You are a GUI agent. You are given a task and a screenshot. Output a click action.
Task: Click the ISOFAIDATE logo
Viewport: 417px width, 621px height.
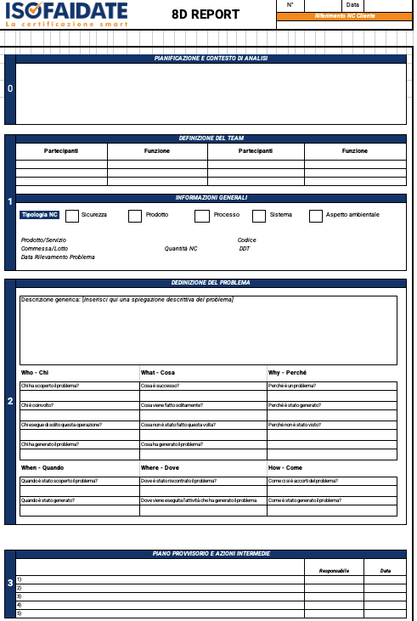65,14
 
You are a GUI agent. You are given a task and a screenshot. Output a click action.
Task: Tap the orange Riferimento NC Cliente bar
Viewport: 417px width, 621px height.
344,16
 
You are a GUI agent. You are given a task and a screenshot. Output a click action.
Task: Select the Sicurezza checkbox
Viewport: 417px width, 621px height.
72,216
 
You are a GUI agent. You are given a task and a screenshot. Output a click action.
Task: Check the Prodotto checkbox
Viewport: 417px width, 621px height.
135,216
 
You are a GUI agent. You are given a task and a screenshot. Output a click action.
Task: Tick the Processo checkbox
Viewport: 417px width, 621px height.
201,216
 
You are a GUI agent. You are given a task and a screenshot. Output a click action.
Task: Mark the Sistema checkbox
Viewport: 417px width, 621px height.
259,216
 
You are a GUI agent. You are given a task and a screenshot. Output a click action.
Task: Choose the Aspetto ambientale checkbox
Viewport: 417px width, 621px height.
316,216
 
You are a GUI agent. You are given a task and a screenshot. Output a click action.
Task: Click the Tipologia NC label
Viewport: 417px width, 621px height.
40,215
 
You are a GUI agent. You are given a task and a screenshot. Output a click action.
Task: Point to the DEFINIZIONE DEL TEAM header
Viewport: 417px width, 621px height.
211,138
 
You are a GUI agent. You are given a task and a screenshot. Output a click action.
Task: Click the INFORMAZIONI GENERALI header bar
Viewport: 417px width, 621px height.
211,198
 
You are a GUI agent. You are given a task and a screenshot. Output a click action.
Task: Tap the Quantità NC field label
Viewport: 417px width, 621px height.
181,248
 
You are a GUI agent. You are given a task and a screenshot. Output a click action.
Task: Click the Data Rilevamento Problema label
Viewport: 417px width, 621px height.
58,257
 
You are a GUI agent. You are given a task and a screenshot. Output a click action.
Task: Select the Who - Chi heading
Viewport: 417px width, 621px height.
35,372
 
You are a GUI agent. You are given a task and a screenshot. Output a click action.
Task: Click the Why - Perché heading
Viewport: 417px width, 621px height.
287,372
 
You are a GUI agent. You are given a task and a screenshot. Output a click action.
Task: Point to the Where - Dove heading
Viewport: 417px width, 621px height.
161,467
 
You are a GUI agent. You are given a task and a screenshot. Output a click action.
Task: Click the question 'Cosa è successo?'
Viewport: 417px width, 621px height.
160,386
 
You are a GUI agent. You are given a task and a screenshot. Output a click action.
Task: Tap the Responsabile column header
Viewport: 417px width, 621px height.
334,571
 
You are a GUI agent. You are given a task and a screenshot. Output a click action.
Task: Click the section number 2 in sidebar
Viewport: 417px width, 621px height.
10,401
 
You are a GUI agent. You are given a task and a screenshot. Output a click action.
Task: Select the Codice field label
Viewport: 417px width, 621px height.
246,240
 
